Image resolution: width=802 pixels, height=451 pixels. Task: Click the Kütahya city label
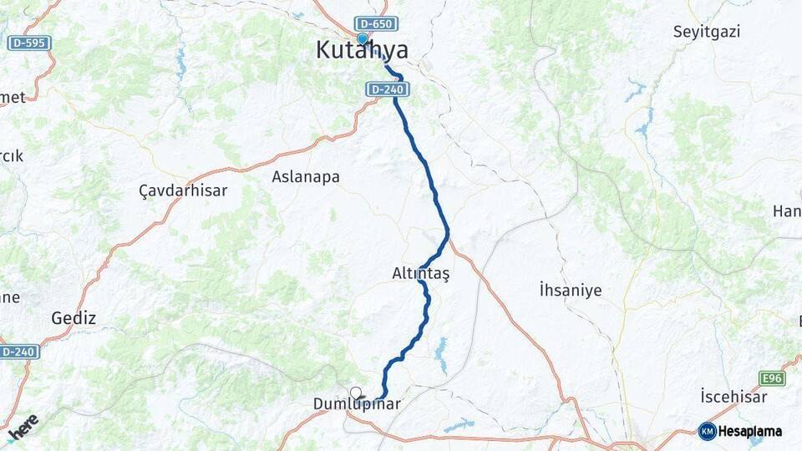tap(362, 51)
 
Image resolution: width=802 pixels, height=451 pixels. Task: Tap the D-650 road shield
tap(374, 24)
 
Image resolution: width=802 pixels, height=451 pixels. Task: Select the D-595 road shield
tap(30, 43)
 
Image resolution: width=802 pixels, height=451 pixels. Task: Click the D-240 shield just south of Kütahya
tap(385, 88)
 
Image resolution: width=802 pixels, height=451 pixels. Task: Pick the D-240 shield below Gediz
tap(19, 352)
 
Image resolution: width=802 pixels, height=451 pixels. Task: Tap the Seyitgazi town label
tap(707, 32)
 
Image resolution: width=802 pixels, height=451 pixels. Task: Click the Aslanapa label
tap(305, 177)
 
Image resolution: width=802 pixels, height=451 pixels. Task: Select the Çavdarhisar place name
tap(183, 190)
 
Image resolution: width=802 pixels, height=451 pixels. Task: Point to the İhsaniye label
tap(571, 291)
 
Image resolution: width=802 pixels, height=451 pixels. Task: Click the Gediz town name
tap(74, 318)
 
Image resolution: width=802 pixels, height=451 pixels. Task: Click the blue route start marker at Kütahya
tap(362, 38)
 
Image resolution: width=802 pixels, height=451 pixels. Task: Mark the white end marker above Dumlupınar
tap(356, 393)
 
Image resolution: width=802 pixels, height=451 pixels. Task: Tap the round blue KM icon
tap(707, 432)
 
